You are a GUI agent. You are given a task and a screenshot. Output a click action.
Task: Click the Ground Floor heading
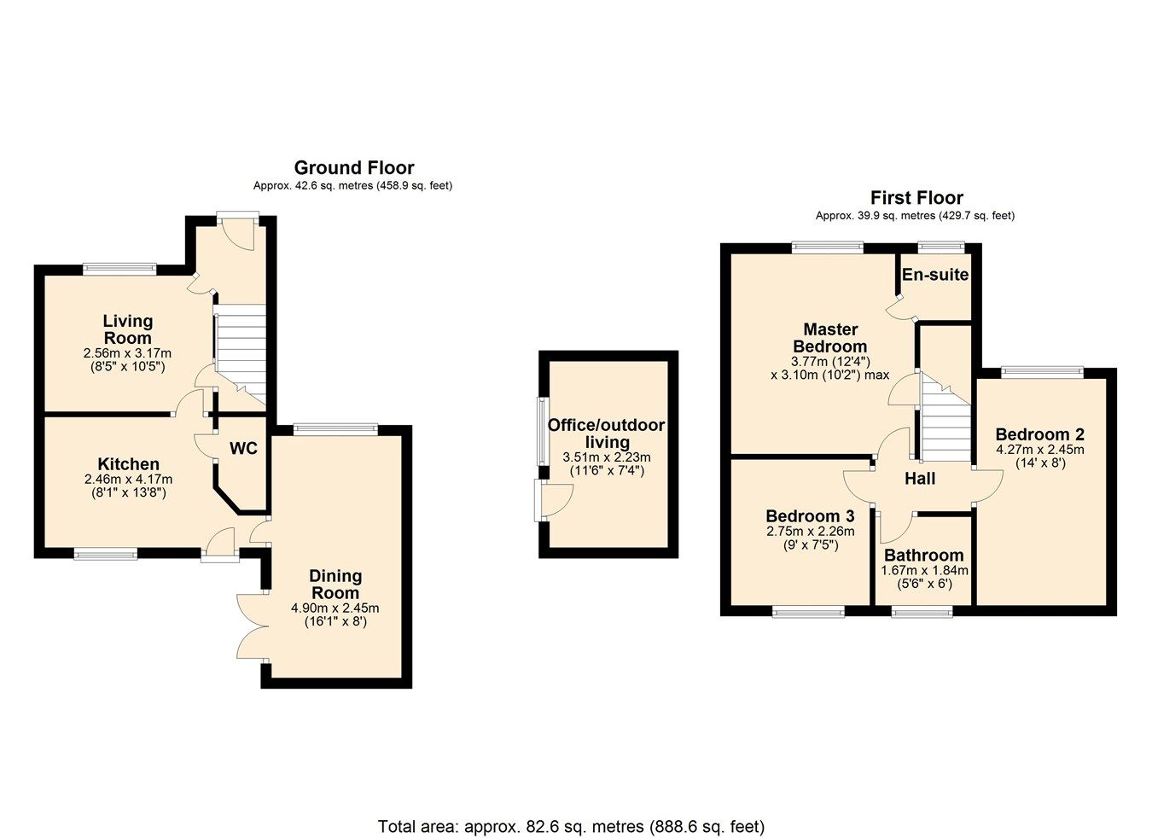(x=354, y=168)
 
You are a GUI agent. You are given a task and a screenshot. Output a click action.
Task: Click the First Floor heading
(x=916, y=198)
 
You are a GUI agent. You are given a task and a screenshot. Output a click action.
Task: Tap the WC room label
(x=243, y=448)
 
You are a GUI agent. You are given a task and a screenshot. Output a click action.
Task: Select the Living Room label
(x=127, y=329)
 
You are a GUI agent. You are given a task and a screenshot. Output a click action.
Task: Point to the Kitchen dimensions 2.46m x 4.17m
(x=128, y=480)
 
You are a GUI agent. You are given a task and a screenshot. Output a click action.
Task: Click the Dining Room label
(x=335, y=585)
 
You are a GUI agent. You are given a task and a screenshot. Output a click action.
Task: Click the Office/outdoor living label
(x=606, y=434)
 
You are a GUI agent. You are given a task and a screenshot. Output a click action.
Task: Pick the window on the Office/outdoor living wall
(x=540, y=431)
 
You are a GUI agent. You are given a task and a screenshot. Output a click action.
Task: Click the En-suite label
(x=935, y=275)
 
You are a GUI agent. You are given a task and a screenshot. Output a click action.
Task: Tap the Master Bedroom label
(x=830, y=338)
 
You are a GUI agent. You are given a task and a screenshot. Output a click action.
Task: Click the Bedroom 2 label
(x=1039, y=434)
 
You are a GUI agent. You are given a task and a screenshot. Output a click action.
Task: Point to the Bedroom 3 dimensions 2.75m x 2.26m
(x=810, y=531)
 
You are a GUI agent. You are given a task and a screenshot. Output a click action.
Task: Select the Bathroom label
(x=923, y=556)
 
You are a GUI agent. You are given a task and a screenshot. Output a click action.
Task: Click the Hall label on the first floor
(x=920, y=479)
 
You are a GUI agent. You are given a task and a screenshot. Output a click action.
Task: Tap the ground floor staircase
(x=240, y=354)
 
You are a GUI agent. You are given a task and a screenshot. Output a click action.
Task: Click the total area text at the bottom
(x=571, y=826)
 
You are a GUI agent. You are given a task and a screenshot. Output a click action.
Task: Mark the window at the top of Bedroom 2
(x=1042, y=371)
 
